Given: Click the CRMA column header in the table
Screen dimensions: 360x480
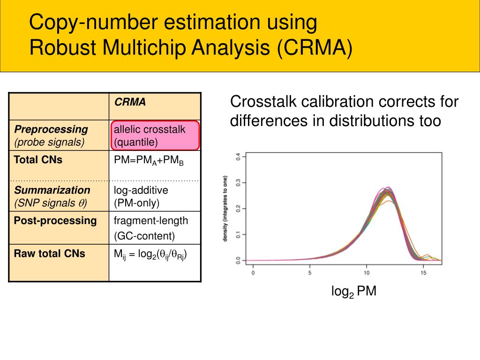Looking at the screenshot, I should (130, 102).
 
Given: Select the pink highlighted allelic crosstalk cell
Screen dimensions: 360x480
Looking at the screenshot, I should (156, 135).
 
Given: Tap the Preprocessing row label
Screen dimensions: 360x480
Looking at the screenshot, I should (51, 129).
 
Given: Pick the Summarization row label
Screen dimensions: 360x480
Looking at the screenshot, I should (52, 190).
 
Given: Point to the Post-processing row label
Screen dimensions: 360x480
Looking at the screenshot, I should (55, 221).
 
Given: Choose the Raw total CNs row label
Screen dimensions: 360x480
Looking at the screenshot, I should (50, 254).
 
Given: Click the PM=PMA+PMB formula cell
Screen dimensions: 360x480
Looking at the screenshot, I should (149, 161).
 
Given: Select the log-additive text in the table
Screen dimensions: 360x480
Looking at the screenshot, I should (141, 190).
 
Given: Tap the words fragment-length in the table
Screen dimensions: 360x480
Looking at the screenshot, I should (151, 221).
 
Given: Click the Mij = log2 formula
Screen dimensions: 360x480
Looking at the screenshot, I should (150, 255).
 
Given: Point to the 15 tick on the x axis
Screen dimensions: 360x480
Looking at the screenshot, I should (423, 273).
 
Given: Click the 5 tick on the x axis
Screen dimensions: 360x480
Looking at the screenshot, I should (310, 273).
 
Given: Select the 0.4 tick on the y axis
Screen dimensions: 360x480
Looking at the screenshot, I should (238, 157).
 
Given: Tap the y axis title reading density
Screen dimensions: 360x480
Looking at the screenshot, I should (225, 209).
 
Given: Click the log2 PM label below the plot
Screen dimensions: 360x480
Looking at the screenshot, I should (354, 292).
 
